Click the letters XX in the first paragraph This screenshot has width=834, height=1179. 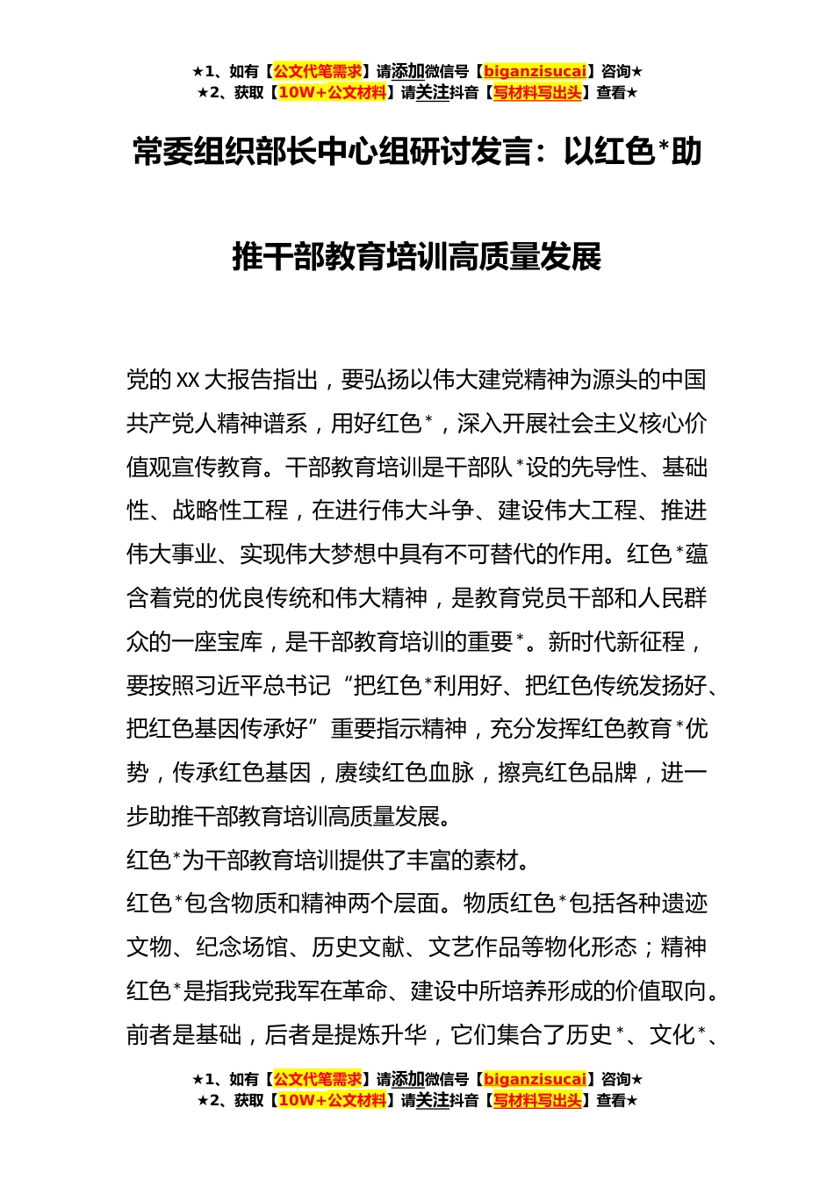click(189, 380)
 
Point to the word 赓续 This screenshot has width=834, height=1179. click(356, 773)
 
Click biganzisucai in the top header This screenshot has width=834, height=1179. click(535, 71)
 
